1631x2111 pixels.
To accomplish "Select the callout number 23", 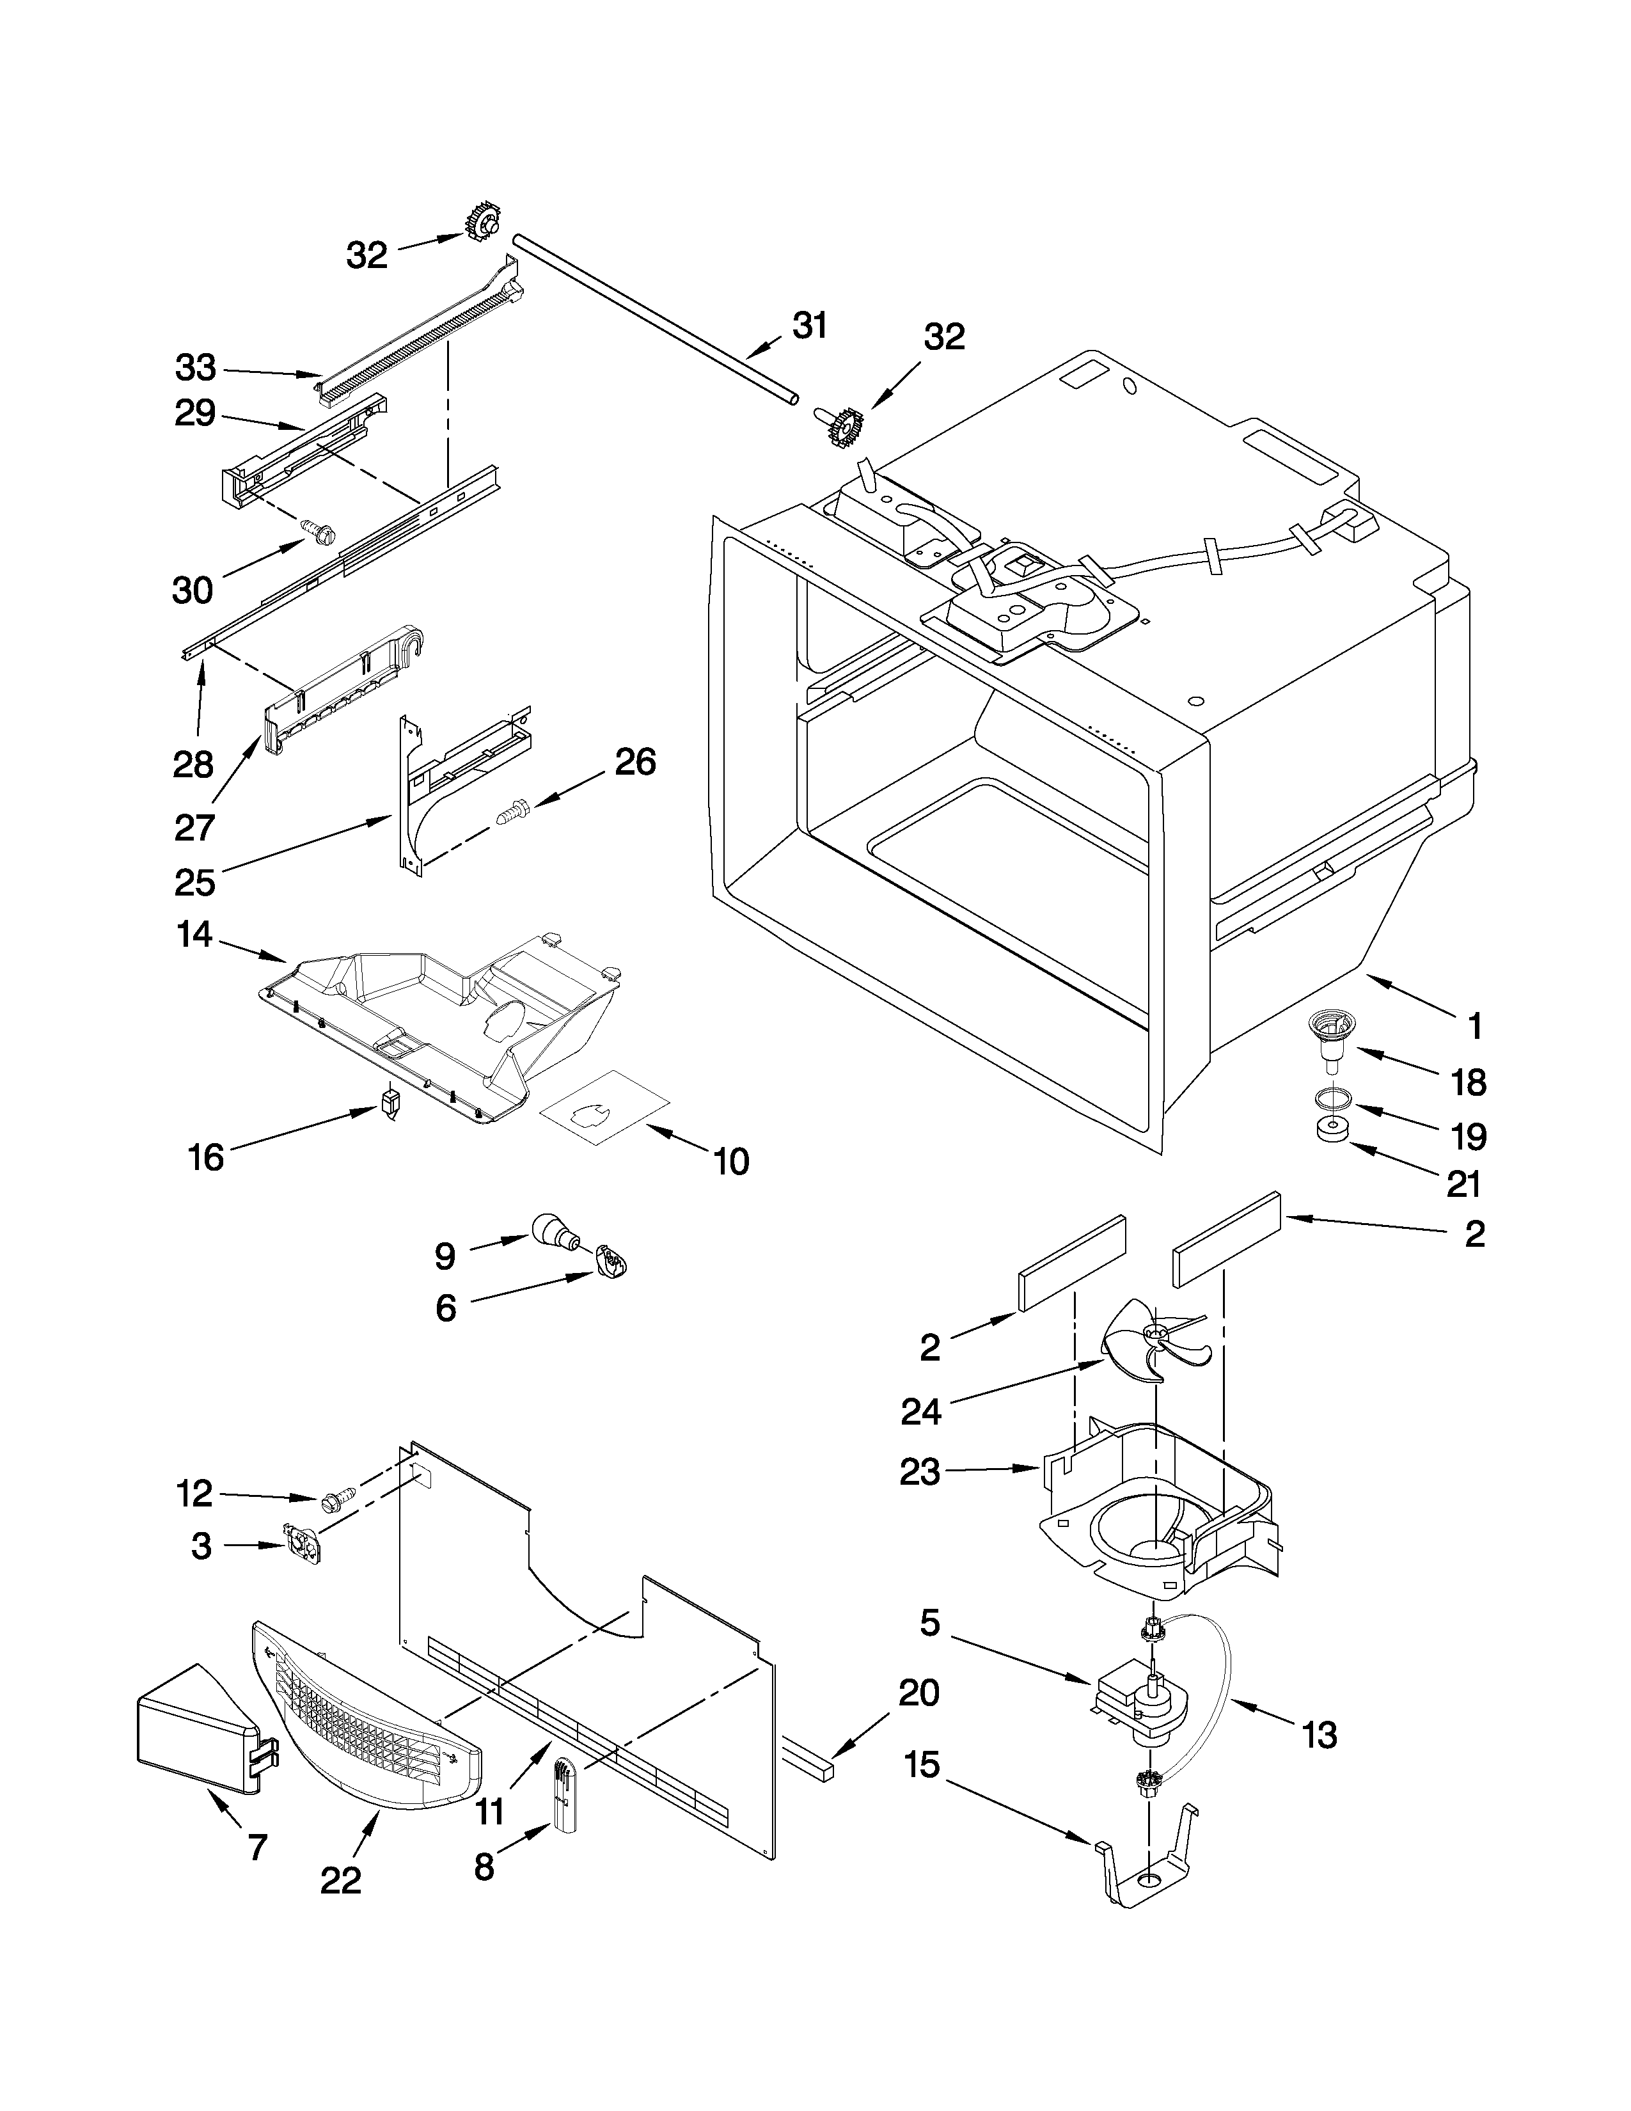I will tap(919, 1472).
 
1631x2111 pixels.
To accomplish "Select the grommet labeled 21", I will tap(1332, 1129).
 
